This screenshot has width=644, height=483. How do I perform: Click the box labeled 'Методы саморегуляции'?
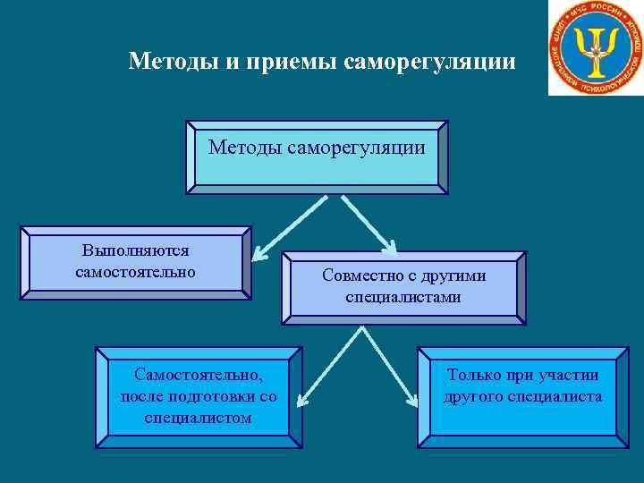tap(317, 157)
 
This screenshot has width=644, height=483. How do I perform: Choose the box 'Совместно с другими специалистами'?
tap(404, 287)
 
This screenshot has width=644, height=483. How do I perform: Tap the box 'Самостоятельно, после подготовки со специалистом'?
tap(199, 396)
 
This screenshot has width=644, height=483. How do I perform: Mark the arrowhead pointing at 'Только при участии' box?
tap(414, 402)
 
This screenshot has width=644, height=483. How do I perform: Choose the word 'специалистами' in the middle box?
tap(404, 297)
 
